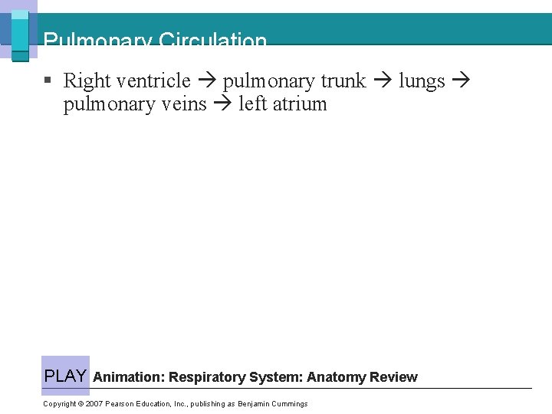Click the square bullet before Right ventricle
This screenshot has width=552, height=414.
[48, 80]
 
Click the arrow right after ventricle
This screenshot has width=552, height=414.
[206, 80]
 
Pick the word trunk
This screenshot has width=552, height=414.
[343, 80]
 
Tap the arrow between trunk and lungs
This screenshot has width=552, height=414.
[382, 80]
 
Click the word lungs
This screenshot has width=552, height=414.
[422, 80]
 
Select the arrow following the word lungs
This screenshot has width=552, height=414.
[460, 80]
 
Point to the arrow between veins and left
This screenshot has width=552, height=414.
[222, 103]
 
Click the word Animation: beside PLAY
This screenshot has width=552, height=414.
[129, 377]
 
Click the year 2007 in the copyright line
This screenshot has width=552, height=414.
[94, 404]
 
